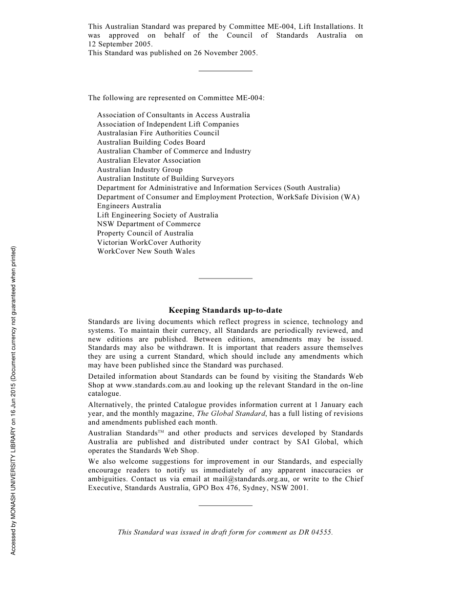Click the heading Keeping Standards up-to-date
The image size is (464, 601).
pos(225,310)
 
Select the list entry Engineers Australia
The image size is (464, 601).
pos(129,206)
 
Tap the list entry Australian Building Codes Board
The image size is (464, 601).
pos(151,142)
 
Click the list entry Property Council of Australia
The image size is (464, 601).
pos(145,233)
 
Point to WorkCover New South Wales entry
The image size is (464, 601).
pos(146,251)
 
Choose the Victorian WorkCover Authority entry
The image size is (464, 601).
pos(149,242)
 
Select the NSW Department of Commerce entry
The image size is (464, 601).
pos(148,224)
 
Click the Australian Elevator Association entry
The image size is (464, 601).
pos(148,160)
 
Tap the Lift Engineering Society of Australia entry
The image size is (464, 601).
pos(157,215)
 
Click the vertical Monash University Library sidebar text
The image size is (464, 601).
pos(14,401)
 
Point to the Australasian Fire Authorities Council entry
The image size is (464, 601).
pos(158,133)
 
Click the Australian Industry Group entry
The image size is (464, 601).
pos(140,170)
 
